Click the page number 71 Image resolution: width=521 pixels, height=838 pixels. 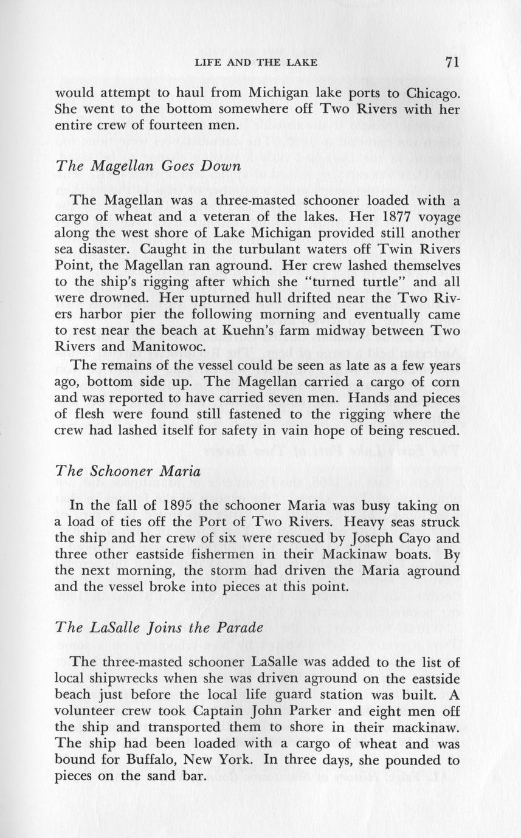(x=450, y=62)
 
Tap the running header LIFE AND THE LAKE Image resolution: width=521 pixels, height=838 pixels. (x=256, y=63)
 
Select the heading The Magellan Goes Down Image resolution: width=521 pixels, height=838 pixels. (x=149, y=167)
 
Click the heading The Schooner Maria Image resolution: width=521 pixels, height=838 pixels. (x=125, y=472)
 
